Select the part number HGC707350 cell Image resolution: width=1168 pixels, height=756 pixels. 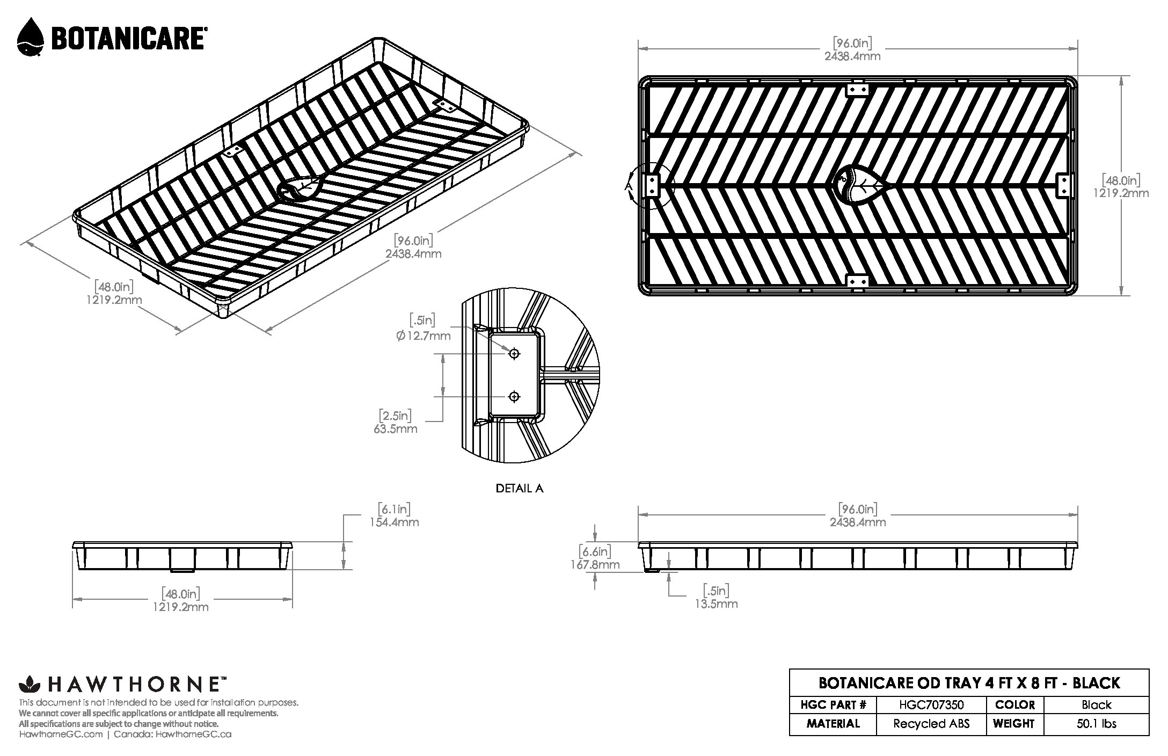pos(931,704)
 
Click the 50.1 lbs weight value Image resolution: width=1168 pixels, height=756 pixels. pos(1097,724)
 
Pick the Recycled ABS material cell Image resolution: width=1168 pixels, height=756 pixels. pos(931,724)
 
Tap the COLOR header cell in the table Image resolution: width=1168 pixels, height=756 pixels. pos(1014,704)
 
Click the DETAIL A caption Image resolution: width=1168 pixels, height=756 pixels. pos(519,489)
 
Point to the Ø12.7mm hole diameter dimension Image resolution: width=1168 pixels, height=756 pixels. pos(423,336)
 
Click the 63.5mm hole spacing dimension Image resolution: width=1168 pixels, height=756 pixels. pos(396,429)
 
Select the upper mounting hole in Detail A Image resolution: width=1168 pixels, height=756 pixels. pos(514,353)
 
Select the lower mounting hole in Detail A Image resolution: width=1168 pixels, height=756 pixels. pos(514,397)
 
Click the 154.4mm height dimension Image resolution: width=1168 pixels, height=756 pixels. pos(394,522)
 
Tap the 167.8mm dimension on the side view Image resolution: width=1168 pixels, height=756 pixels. pos(595,565)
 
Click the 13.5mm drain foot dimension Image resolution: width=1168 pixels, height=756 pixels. pos(717,604)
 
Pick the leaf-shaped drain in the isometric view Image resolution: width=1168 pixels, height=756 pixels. pos(300,188)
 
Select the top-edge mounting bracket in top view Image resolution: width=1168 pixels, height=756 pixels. pos(857,90)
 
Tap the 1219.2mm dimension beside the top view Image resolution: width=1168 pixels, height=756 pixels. pos(1121,193)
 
